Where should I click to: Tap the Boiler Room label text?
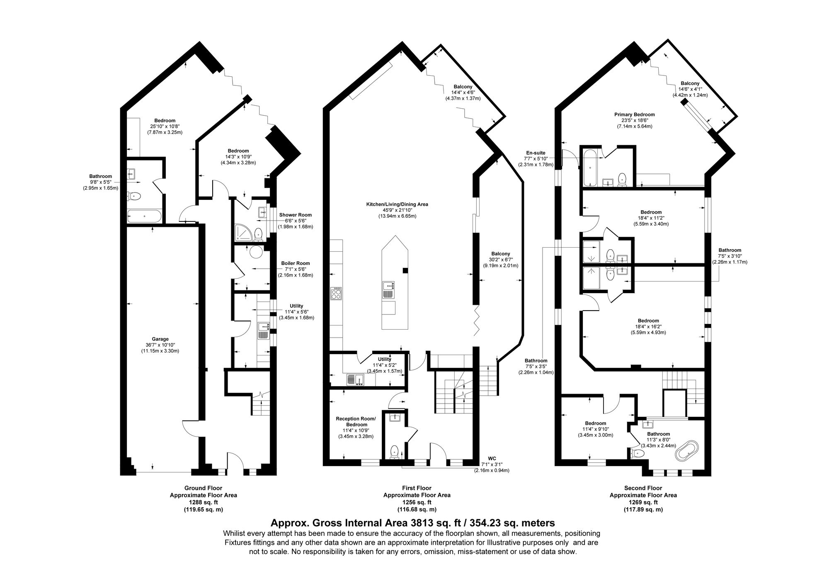pos(295,263)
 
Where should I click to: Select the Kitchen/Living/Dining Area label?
pos(397,204)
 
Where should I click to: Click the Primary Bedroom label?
pos(634,114)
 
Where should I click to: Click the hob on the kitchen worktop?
pos(336,294)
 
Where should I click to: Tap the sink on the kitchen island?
pos(388,285)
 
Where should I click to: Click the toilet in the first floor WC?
pos(394,451)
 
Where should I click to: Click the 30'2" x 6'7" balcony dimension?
pos(500,260)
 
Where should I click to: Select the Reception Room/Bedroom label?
pos(356,422)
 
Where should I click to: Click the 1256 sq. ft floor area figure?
pos(417,502)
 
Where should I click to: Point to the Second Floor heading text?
pos(643,488)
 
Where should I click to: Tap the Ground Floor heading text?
pos(203,488)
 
